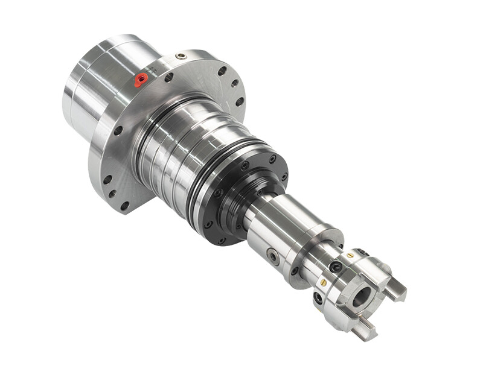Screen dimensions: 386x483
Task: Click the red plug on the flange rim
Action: point(141,79)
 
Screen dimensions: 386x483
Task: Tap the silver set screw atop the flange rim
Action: point(181,56)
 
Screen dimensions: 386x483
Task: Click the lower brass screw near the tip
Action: point(324,282)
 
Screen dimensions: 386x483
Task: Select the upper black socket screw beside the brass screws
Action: point(337,266)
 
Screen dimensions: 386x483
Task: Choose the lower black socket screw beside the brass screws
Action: point(318,297)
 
